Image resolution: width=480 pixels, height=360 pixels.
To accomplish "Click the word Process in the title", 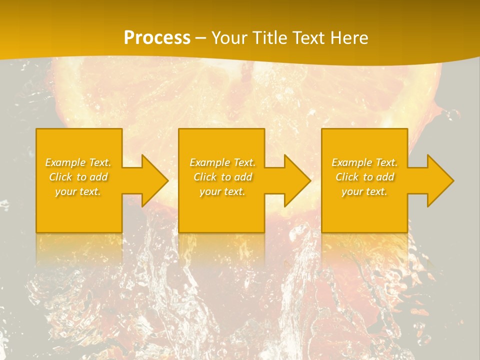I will pyautogui.click(x=157, y=38).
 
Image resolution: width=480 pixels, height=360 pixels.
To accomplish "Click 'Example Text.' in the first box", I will pyautogui.click(x=78, y=162).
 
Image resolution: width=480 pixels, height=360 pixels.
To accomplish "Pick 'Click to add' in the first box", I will pyautogui.click(x=78, y=177).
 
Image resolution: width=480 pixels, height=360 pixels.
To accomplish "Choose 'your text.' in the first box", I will pyautogui.click(x=78, y=191).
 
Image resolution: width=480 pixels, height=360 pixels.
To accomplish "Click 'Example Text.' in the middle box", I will pyautogui.click(x=222, y=162).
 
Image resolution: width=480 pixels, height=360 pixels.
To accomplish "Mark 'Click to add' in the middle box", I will pyautogui.click(x=222, y=177).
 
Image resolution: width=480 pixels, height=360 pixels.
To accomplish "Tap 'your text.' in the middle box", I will pyautogui.click(x=222, y=191).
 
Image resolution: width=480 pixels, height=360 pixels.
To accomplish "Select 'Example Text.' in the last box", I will pyautogui.click(x=364, y=162).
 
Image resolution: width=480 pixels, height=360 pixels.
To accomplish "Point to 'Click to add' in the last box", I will pyautogui.click(x=364, y=177).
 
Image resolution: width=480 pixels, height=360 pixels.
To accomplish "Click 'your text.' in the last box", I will pyautogui.click(x=364, y=191).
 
